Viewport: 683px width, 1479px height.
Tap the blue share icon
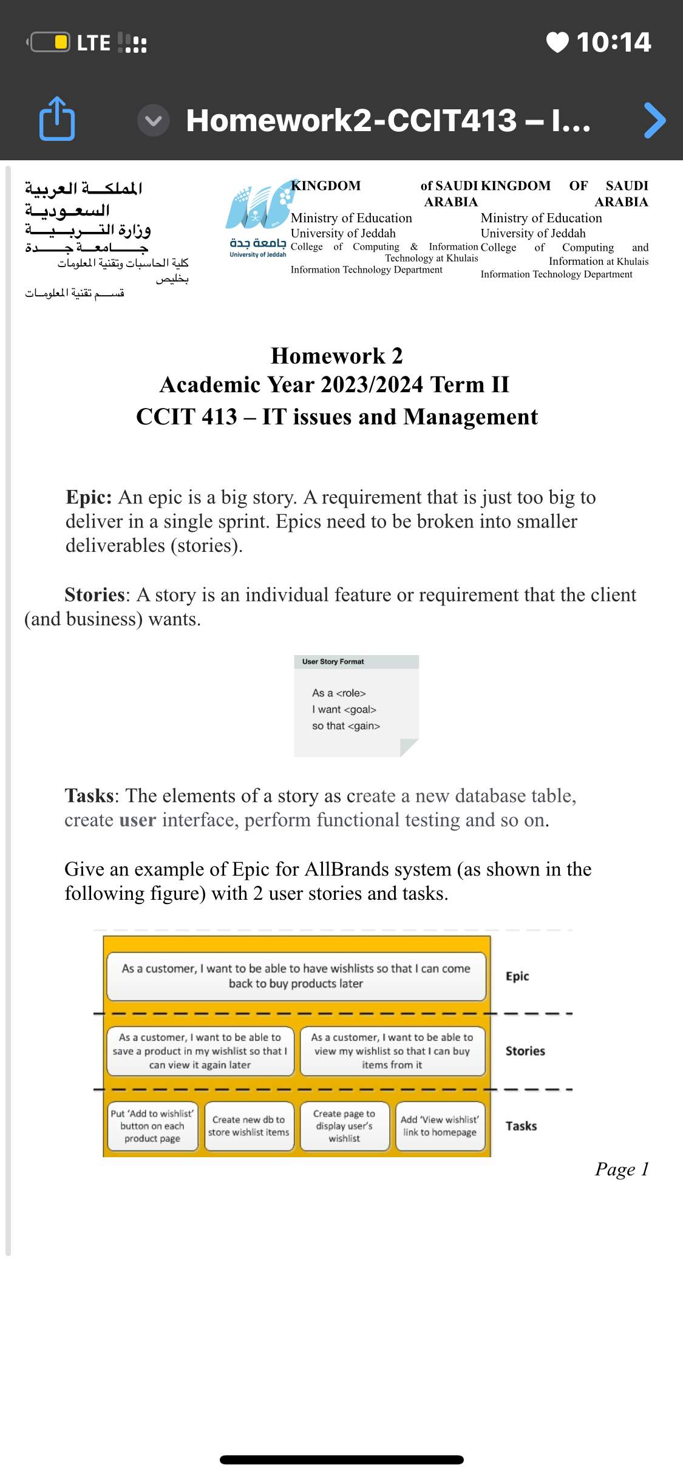[57, 119]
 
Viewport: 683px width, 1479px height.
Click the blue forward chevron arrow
[654, 120]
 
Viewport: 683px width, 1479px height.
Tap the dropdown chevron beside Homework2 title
[153, 120]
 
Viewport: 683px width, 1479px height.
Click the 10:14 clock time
[613, 42]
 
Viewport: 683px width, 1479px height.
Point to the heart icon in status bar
[557, 42]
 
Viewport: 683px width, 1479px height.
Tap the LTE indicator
[93, 43]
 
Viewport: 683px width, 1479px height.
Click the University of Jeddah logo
[258, 219]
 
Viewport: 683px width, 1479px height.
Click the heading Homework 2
[336, 356]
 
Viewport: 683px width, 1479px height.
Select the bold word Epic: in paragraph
[89, 497]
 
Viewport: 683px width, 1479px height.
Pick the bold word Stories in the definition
[95, 595]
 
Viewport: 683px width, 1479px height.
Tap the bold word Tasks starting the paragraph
[89, 796]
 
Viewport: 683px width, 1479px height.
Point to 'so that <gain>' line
[345, 726]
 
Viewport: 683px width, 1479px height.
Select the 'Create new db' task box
[249, 1126]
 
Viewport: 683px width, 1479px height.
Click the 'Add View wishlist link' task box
[440, 1126]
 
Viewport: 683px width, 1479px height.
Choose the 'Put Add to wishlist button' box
[152, 1126]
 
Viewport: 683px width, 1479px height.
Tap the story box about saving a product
[200, 1051]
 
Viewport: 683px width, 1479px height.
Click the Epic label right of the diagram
[517, 976]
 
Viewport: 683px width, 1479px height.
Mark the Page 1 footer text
[622, 1169]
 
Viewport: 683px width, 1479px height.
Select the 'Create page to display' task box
[344, 1126]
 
